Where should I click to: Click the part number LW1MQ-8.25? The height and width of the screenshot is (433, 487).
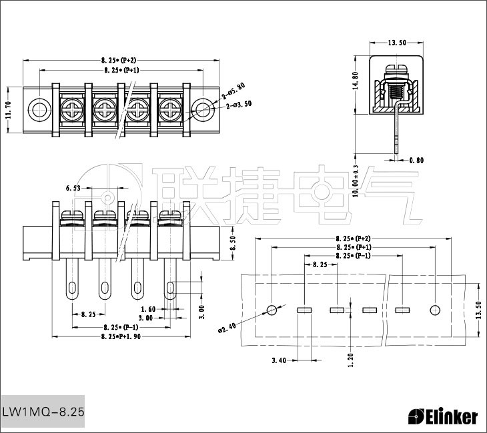[43, 412]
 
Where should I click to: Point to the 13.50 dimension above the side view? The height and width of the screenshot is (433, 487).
[397, 43]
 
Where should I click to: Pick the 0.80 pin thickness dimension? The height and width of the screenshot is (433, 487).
[416, 160]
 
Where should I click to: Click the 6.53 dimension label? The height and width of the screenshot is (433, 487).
[73, 189]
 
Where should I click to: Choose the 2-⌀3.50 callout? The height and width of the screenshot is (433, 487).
[239, 105]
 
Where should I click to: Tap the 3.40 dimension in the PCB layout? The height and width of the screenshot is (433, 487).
[279, 360]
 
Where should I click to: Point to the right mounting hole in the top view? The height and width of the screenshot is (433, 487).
[202, 108]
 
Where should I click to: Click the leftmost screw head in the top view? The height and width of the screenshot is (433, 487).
[71, 108]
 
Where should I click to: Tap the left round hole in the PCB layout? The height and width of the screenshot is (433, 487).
[272, 310]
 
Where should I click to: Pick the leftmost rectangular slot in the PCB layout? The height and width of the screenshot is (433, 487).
[304, 310]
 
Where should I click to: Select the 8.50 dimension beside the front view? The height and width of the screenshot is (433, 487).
[232, 243]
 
